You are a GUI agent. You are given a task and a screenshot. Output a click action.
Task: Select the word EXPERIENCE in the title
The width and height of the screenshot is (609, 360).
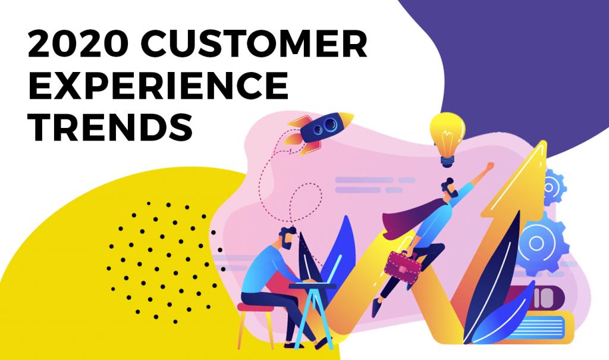158,86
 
